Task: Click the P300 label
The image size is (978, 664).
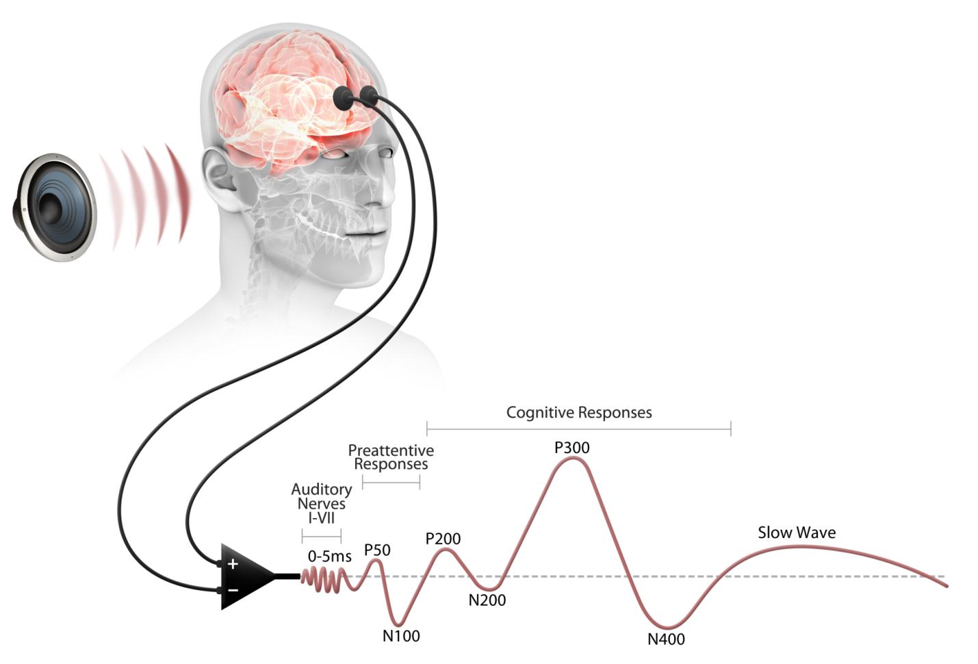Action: (572, 448)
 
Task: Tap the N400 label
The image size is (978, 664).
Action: (666, 639)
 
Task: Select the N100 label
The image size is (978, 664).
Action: (401, 636)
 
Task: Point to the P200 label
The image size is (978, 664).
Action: (443, 539)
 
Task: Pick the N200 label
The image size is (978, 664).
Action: (487, 600)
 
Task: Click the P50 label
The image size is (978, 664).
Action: (377, 550)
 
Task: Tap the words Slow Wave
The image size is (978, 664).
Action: (797, 533)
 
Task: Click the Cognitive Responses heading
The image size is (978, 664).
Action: (579, 413)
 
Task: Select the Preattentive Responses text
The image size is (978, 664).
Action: (391, 457)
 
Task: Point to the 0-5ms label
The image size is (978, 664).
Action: (330, 556)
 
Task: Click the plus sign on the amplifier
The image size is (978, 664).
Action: (233, 564)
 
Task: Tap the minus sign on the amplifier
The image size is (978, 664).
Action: (233, 591)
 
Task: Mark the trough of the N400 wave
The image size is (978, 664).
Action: (667, 628)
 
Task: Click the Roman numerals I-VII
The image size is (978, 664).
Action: (322, 518)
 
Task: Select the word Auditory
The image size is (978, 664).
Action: (322, 490)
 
